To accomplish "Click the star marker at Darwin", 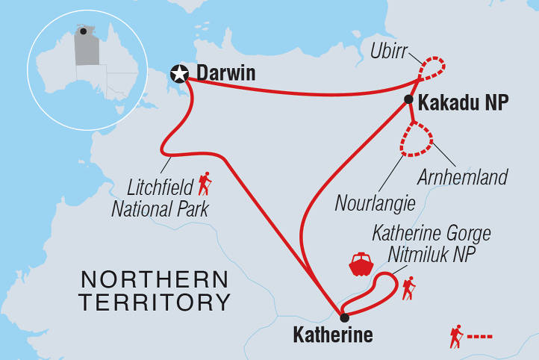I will pyautogui.click(x=179, y=73).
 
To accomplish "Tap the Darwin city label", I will pyautogui.click(x=225, y=73).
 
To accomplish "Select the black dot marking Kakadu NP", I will pyautogui.click(x=408, y=99).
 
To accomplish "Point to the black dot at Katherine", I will pyautogui.click(x=343, y=317).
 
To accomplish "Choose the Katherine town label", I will pyautogui.click(x=332, y=335).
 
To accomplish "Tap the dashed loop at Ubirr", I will pyautogui.click(x=432, y=68).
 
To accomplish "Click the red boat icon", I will pyautogui.click(x=361, y=265).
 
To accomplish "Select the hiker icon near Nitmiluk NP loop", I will pyautogui.click(x=408, y=288).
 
